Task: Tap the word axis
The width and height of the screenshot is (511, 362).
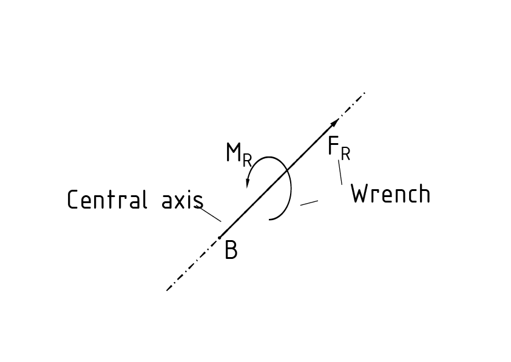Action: (x=182, y=201)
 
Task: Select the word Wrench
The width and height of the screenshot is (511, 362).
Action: (x=391, y=194)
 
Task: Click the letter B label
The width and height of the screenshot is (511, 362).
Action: (x=231, y=250)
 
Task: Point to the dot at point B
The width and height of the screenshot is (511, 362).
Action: (x=220, y=237)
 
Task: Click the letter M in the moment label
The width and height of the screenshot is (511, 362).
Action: (x=234, y=153)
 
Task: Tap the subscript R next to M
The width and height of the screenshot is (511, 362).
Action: (x=247, y=160)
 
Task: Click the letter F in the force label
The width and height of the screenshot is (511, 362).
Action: (x=333, y=146)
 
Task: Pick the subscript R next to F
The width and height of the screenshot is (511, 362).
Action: (x=345, y=155)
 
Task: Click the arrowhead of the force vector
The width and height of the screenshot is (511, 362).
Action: (x=335, y=123)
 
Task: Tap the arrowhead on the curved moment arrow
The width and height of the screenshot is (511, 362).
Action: (x=248, y=183)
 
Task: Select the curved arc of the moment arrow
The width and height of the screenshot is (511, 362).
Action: (x=290, y=188)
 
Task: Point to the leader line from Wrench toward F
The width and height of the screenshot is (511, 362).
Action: (x=340, y=172)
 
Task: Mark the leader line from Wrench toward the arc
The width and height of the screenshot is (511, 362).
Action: (x=309, y=203)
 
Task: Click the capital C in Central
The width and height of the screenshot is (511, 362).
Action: (x=73, y=200)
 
